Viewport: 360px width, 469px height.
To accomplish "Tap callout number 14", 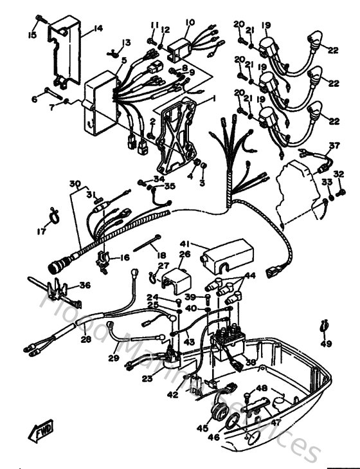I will click(x=98, y=28).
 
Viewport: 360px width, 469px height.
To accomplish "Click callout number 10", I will click(x=190, y=23).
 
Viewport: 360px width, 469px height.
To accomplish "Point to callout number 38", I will click(x=250, y=363).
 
